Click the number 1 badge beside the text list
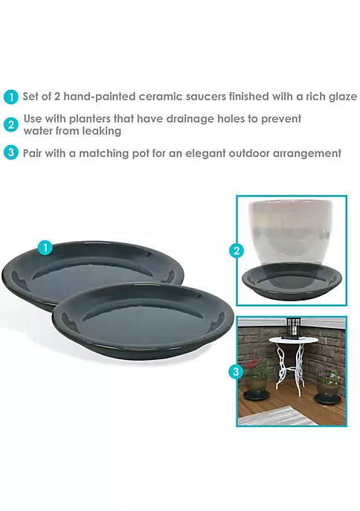coord(10,97)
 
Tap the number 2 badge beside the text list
coord(10,125)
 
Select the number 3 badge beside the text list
coord(10,152)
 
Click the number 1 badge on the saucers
coord(45,248)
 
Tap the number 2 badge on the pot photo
coord(237,251)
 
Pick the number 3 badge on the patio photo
coord(236,371)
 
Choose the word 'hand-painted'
coord(100,97)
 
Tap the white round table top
coord(293,341)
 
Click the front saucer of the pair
coord(143,322)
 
